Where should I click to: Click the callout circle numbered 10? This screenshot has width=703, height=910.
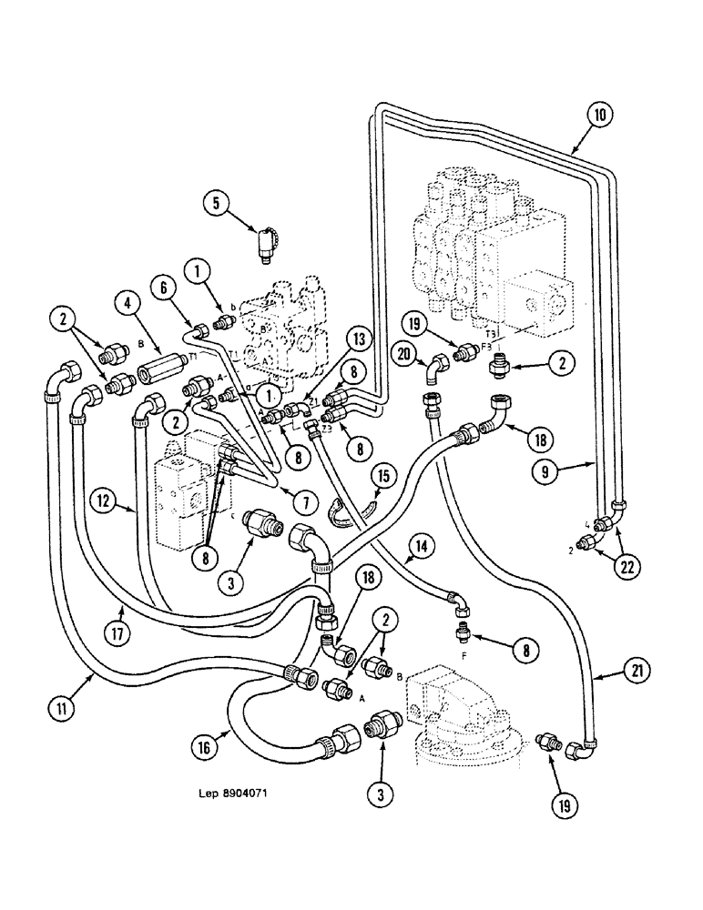[x=600, y=116]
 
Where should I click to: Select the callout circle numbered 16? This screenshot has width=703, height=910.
[x=206, y=747]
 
